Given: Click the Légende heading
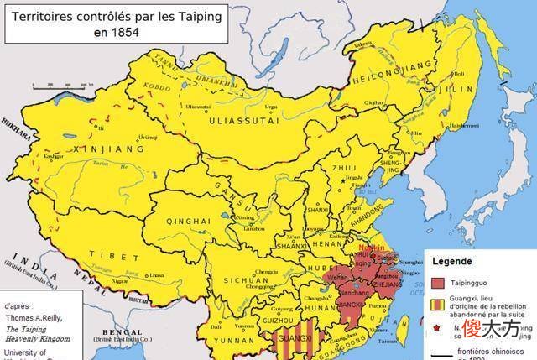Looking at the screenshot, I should [451, 261].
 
